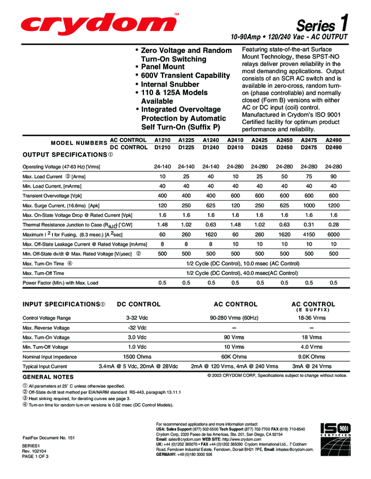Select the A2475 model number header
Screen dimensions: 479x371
tap(309, 140)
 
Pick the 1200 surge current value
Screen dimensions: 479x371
tap(333, 205)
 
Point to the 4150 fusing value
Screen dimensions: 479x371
tap(309, 234)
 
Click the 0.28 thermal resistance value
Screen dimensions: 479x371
tap(333, 224)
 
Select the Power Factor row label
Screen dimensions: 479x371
tap(60, 283)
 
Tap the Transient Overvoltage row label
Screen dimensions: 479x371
tap(52, 196)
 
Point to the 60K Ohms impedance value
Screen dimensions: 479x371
tap(234, 357)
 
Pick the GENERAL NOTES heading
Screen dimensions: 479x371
tap(48, 377)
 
